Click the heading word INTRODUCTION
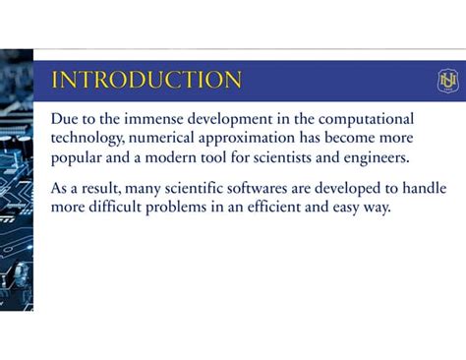click(x=146, y=81)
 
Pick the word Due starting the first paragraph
click(x=64, y=118)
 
